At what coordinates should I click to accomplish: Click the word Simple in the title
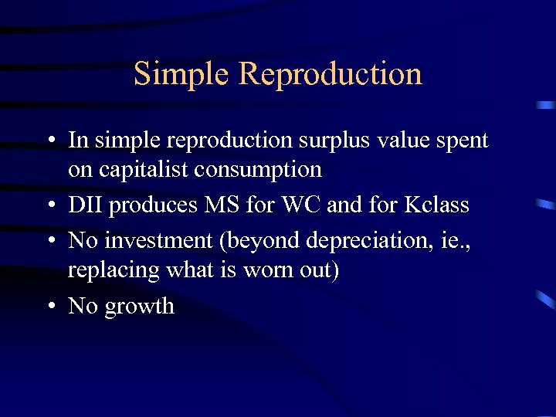pyautogui.click(x=181, y=74)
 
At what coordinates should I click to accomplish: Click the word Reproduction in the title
pyautogui.click(x=331, y=74)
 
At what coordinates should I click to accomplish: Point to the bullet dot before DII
pyautogui.click(x=50, y=206)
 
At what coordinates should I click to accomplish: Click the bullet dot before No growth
pyautogui.click(x=50, y=307)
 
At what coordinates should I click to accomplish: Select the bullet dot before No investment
pyautogui.click(x=50, y=242)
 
